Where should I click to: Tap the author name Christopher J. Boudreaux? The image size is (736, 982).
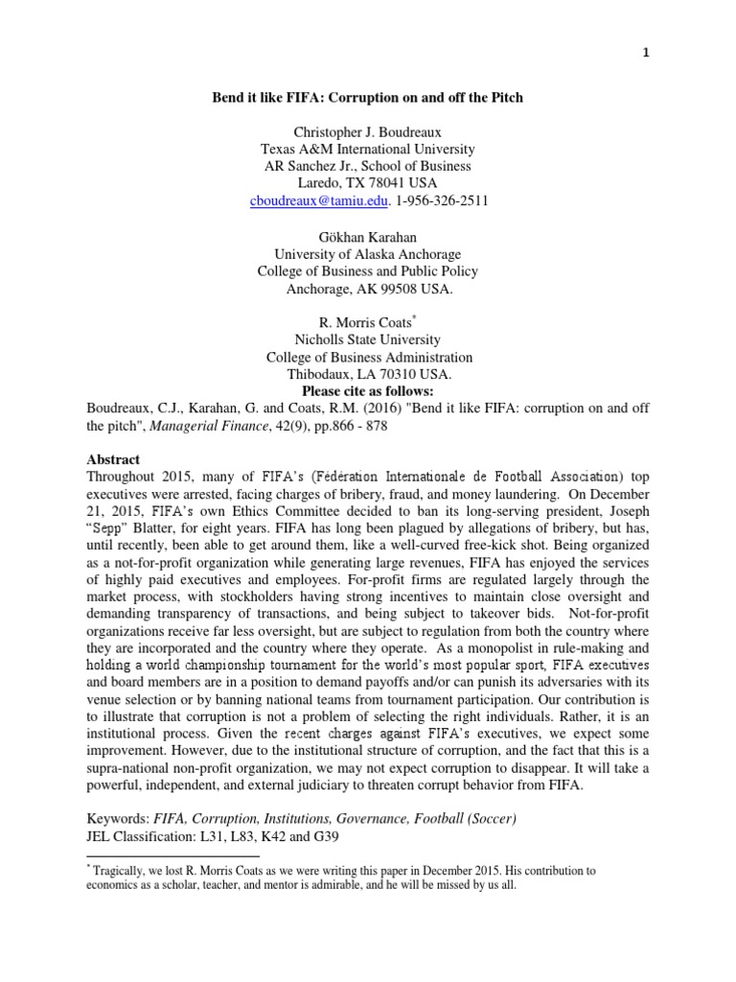pyautogui.click(x=368, y=132)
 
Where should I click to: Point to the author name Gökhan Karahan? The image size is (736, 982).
pyautogui.click(x=368, y=237)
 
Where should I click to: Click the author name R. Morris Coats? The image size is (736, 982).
pyautogui.click(x=365, y=323)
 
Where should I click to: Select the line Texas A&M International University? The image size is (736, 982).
pyautogui.click(x=368, y=150)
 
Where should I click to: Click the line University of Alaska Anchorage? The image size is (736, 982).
pyautogui.click(x=368, y=254)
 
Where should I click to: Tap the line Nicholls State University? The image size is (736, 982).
pyautogui.click(x=368, y=340)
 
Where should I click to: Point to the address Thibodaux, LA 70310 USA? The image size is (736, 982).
pyautogui.click(x=368, y=375)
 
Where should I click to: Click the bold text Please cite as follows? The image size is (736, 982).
pyautogui.click(x=368, y=391)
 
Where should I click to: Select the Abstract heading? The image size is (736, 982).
pyautogui.click(x=113, y=459)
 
